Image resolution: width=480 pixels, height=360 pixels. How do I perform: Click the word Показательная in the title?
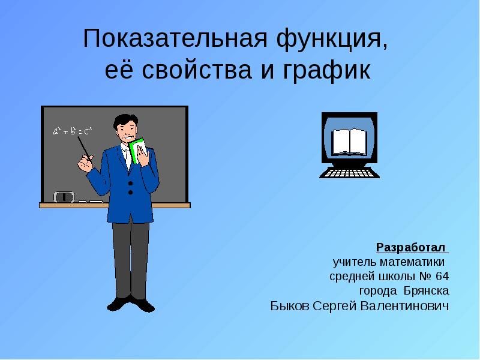[175, 38]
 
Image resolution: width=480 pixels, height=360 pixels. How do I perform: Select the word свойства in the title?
[197, 70]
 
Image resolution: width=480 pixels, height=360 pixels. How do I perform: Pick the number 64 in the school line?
[442, 276]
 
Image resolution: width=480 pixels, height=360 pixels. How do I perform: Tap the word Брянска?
[427, 291]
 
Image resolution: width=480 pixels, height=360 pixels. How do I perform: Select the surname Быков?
[290, 306]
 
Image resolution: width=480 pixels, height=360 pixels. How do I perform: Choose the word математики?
[412, 262]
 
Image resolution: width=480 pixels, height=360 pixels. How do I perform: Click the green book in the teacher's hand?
[137, 150]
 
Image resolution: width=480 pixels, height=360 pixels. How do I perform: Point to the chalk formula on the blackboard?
[73, 131]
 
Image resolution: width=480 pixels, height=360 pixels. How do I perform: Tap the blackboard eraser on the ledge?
[64, 197]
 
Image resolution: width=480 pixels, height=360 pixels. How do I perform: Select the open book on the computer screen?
[350, 142]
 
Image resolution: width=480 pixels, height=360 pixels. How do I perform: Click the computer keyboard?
[349, 173]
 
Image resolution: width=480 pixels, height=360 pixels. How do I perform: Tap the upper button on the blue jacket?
[130, 184]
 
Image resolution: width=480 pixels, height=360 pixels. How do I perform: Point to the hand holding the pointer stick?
[85, 164]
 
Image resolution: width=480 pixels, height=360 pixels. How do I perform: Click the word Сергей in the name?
[335, 307]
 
